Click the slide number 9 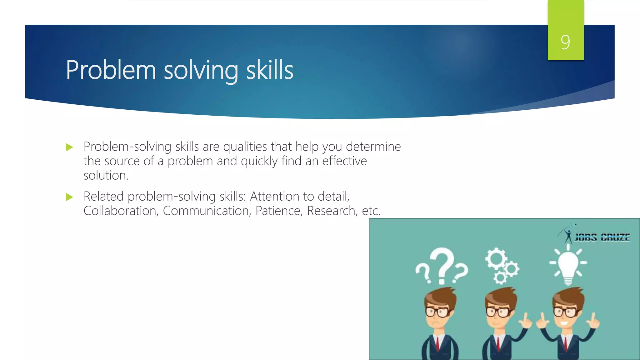[x=565, y=42]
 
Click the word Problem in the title [x=111, y=70]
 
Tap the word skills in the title [x=270, y=70]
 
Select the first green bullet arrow [x=69, y=147]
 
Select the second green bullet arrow [x=69, y=197]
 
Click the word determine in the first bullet [x=373, y=147]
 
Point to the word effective [x=344, y=161]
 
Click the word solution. [x=106, y=176]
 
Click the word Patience [x=279, y=211]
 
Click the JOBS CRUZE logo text [x=602, y=238]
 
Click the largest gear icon [x=496, y=259]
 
